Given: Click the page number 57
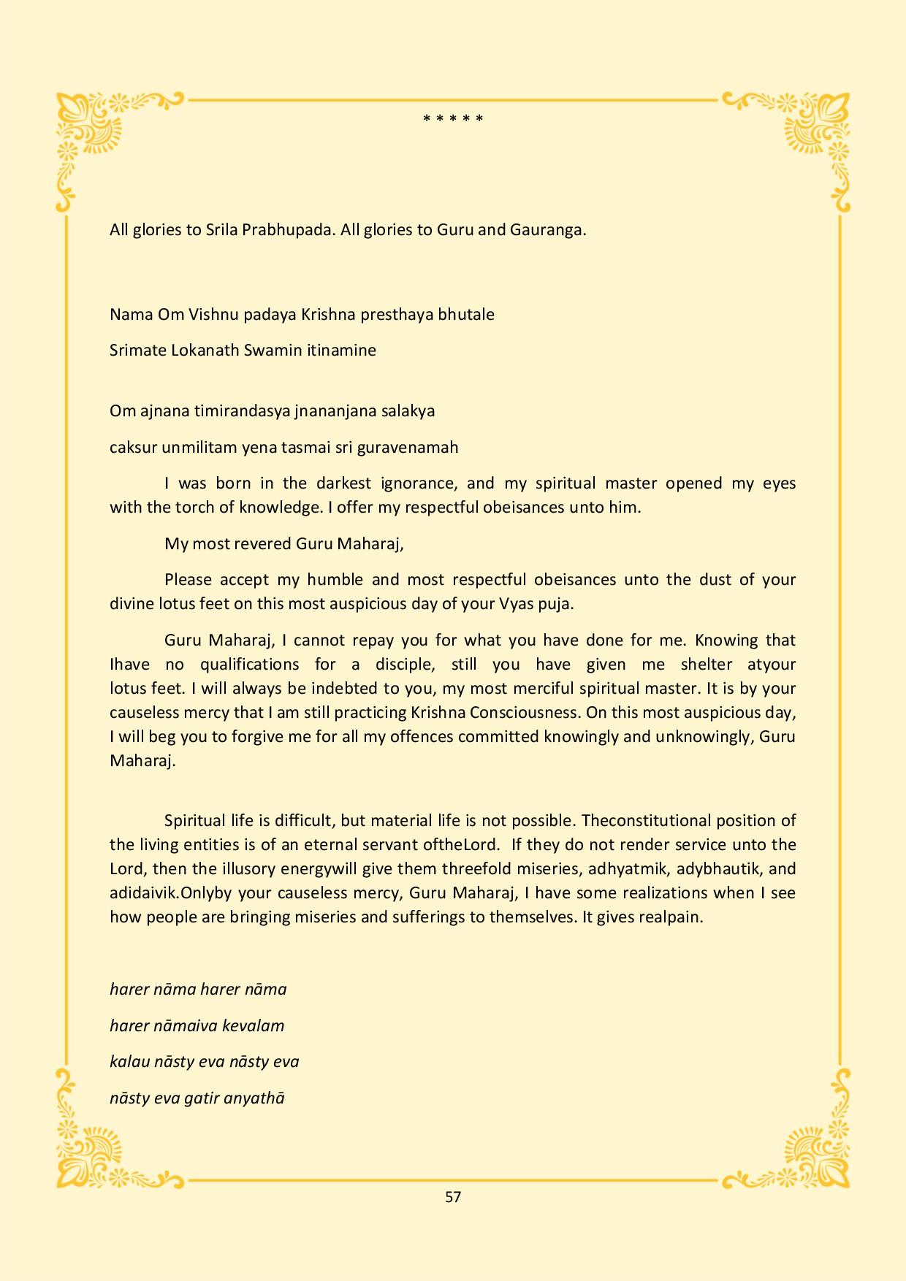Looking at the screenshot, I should point(453,1196).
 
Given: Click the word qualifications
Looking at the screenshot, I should point(250,665).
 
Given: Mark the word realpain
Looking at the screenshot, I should point(670,917).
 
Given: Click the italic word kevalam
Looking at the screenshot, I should point(254,1026).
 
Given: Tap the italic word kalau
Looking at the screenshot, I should point(129,1062).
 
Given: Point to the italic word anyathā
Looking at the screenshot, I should point(254,1098).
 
